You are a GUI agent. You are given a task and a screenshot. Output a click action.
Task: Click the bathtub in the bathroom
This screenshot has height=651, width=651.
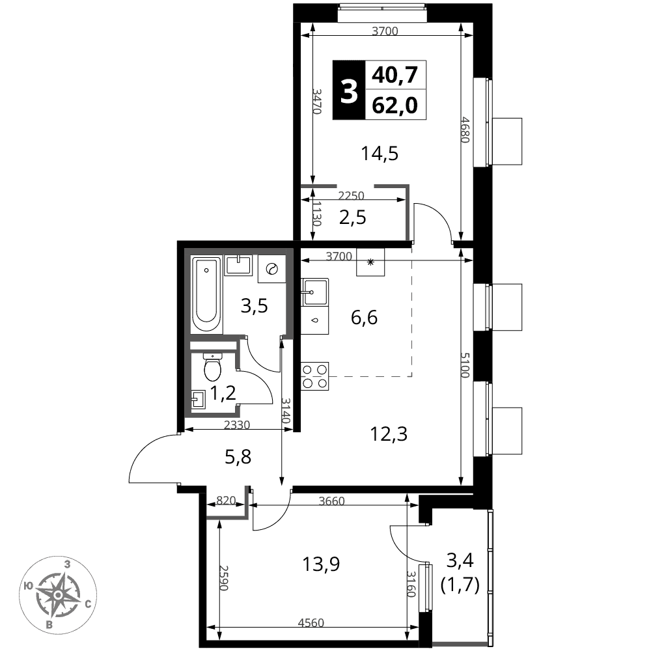[x=207, y=294]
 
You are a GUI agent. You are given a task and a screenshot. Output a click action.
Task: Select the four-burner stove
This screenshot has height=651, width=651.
[x=314, y=376]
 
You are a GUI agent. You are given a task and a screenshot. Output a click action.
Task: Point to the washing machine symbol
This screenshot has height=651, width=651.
[x=271, y=269]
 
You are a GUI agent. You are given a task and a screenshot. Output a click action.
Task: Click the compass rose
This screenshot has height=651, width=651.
[x=59, y=595]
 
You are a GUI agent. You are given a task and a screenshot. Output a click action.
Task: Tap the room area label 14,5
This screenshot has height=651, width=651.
[x=380, y=154]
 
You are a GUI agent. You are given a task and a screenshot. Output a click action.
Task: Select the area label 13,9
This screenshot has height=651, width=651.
[x=321, y=564]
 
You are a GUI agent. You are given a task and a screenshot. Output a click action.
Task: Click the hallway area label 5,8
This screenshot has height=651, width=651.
[x=238, y=458]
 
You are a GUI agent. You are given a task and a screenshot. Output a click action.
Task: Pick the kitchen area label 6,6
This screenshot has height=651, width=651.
[x=364, y=318]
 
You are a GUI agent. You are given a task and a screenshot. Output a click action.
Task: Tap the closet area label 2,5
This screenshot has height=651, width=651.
[x=352, y=217]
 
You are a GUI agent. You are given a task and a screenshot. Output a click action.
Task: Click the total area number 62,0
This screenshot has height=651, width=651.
[x=395, y=105]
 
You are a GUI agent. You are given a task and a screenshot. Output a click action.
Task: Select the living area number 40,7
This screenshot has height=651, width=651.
[x=395, y=76]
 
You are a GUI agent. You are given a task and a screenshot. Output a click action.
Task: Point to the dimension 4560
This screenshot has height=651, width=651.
[x=311, y=622]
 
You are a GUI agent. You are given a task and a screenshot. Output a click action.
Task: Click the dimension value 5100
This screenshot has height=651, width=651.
[x=465, y=365]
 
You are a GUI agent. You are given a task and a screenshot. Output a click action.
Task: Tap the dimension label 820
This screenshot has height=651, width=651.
[x=227, y=500]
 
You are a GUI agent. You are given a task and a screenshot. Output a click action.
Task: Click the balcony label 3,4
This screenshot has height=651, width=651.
[x=460, y=561]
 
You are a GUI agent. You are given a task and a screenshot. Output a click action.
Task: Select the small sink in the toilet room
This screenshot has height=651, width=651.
[x=198, y=400]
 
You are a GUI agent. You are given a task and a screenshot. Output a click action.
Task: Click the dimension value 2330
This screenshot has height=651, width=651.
[x=237, y=425]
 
